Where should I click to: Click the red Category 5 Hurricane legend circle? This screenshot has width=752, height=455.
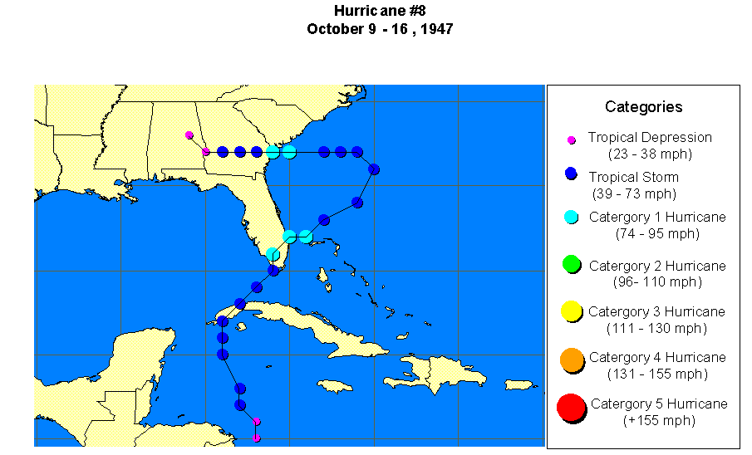tap(571, 408)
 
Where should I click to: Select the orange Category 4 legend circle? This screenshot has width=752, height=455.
tap(571, 360)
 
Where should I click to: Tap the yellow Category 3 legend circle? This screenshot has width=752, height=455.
tap(571, 311)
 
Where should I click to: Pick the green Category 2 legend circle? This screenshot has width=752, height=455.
tap(571, 264)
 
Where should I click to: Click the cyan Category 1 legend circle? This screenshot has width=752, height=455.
tap(571, 217)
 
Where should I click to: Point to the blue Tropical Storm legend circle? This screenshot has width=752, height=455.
tap(571, 174)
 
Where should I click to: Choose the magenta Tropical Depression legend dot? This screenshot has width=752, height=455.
tap(572, 139)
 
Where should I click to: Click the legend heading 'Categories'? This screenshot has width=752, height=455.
tap(643, 107)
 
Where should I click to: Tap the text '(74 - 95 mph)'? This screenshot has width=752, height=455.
tap(657, 234)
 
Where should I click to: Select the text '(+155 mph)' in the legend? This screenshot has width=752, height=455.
tap(658, 420)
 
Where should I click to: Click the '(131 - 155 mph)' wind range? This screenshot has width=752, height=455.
tap(657, 374)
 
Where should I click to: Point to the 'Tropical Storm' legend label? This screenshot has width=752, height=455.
tap(633, 177)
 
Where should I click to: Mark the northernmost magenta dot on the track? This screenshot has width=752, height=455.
tap(189, 135)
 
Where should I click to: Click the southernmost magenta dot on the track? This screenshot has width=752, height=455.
tap(257, 438)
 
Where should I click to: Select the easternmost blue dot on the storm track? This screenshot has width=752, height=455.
tap(374, 169)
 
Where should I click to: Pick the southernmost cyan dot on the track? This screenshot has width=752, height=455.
tap(273, 253)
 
